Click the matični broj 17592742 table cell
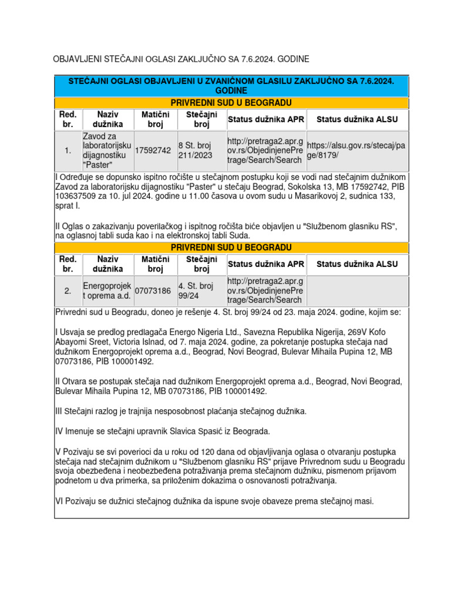[x=153, y=151]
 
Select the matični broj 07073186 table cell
[x=153, y=291]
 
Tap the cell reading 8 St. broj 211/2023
[x=201, y=151]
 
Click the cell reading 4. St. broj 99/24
[x=201, y=291]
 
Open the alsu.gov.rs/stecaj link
[x=356, y=151]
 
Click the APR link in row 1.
[x=265, y=151]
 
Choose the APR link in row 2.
[x=265, y=291]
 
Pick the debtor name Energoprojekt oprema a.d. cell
[x=107, y=291]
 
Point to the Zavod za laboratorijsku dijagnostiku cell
[x=107, y=151]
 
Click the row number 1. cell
[x=68, y=151]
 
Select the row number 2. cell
[x=68, y=291]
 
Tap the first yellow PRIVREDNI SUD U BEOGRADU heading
[x=231, y=103]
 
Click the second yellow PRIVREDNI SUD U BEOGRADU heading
[x=231, y=248]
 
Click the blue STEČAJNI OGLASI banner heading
[x=231, y=86]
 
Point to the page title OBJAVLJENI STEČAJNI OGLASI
[x=181, y=59]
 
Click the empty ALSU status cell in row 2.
[x=356, y=291]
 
